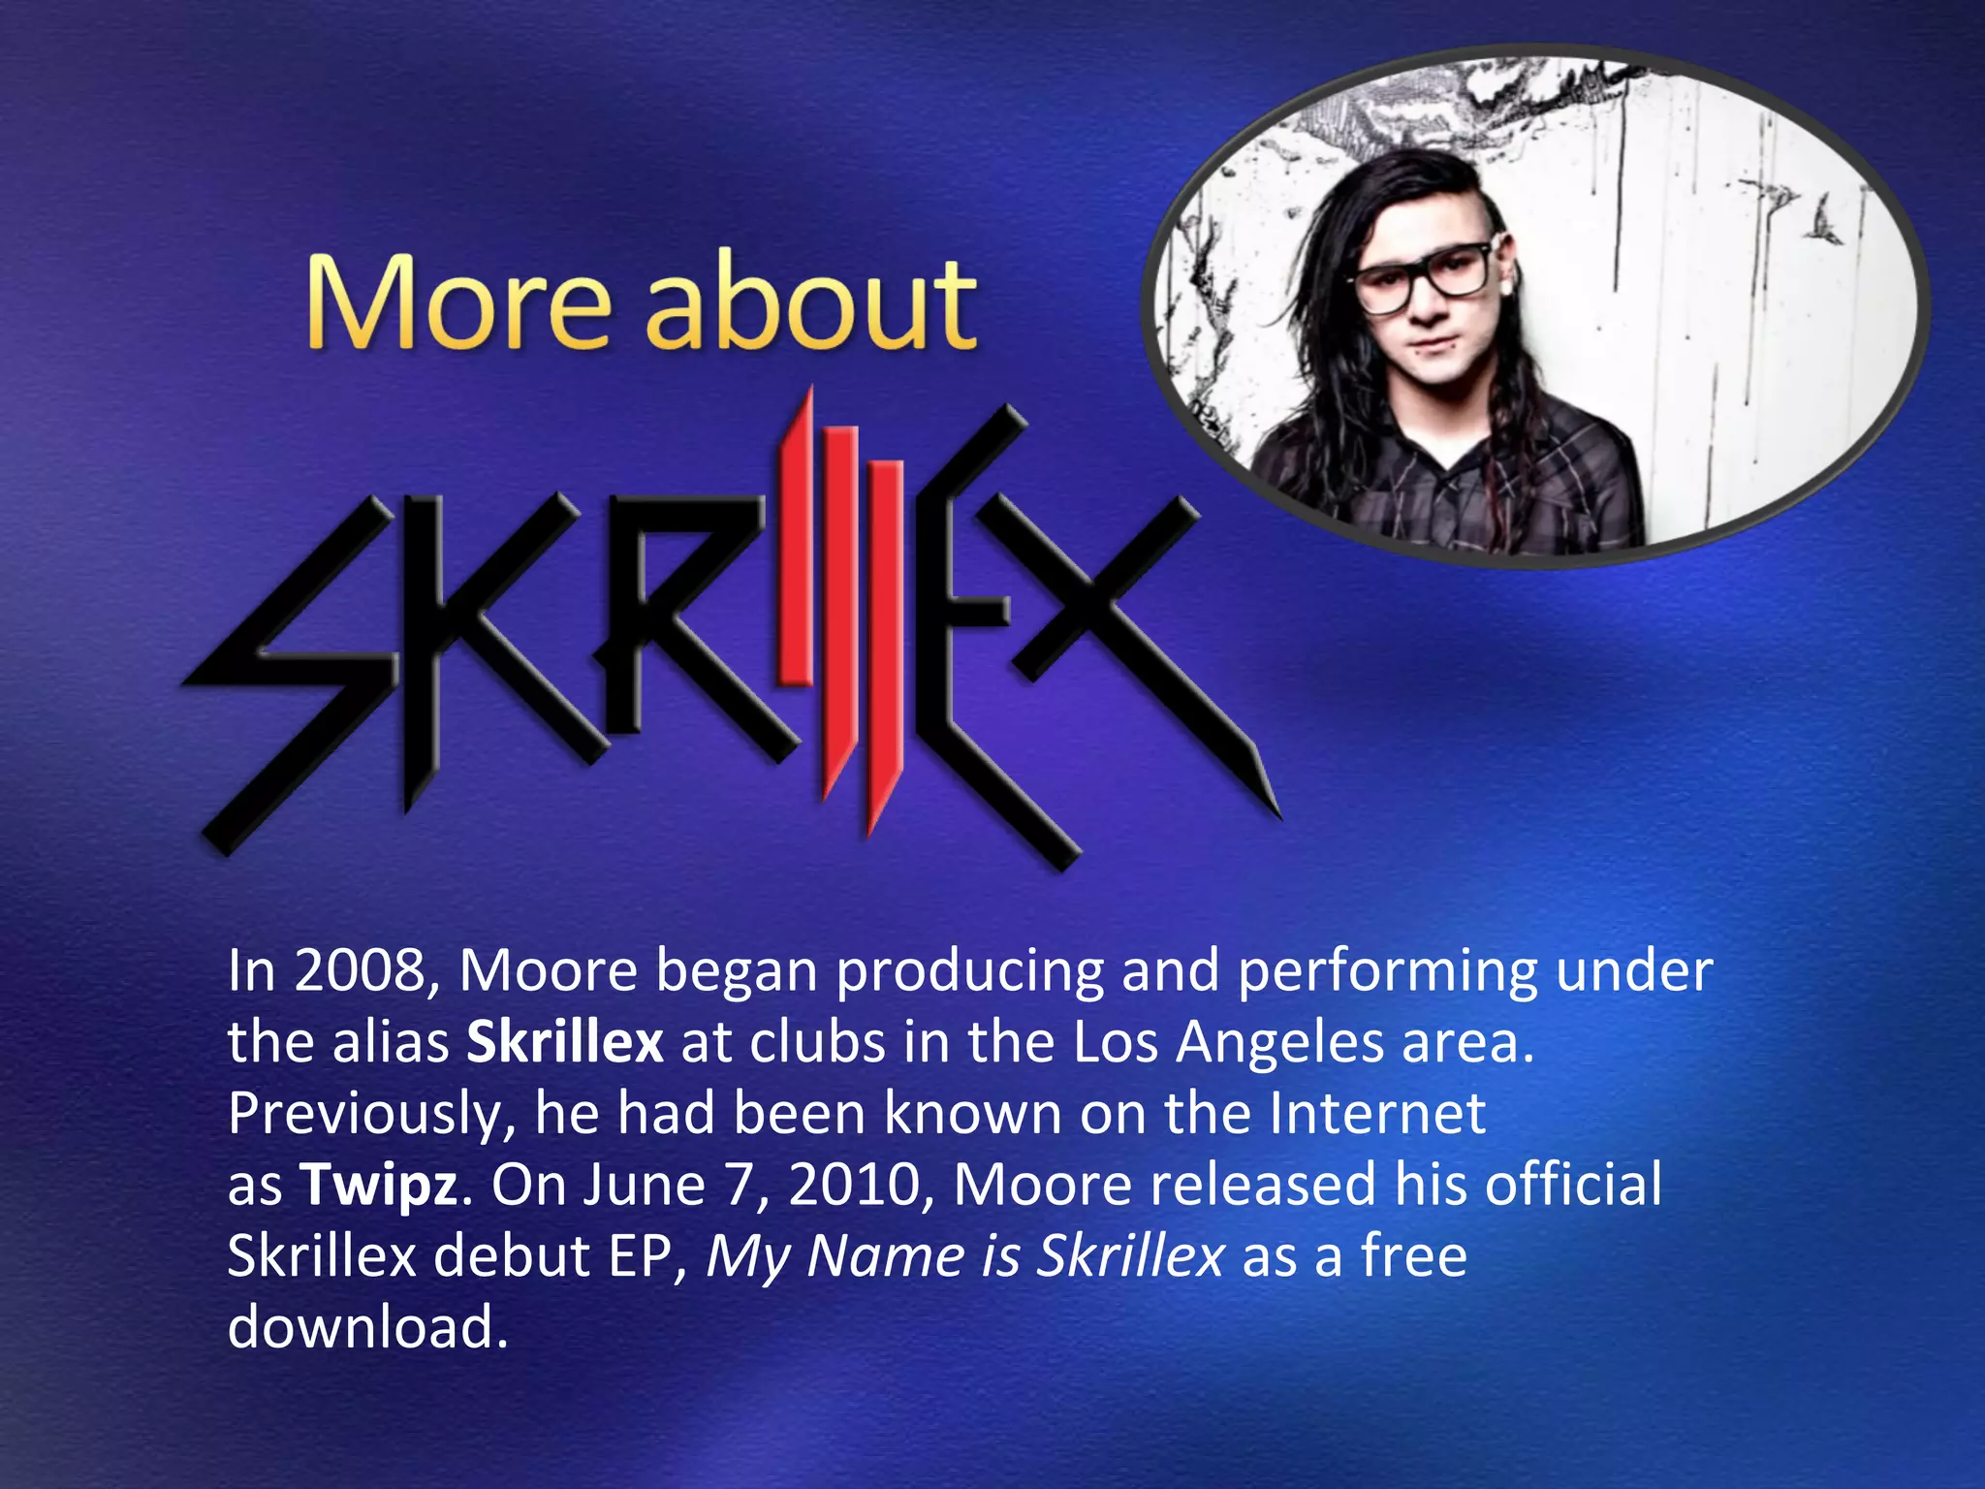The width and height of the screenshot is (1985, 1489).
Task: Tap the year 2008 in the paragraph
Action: coord(359,970)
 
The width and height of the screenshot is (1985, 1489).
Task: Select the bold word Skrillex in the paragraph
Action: coord(565,1042)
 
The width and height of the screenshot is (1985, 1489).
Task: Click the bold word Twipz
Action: coord(378,1186)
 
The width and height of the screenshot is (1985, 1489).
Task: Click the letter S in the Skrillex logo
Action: coord(291,669)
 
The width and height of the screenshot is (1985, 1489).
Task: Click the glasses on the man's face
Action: coord(1421,277)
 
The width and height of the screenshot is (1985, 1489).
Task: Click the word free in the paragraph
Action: coord(1414,1255)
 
